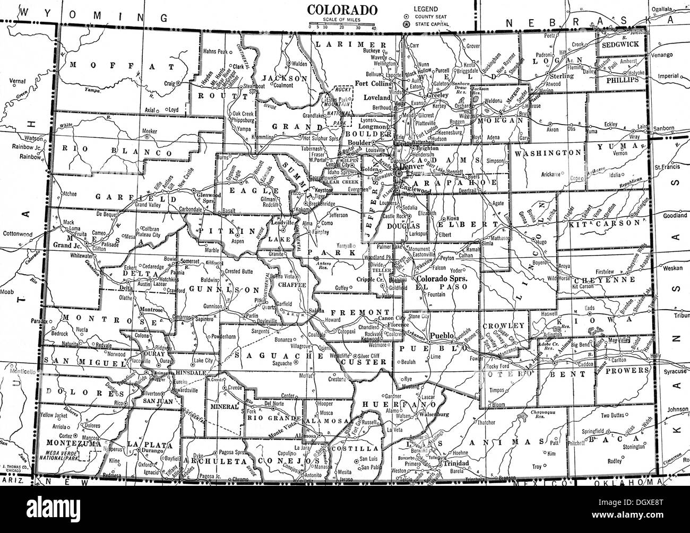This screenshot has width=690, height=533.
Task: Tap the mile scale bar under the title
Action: click(342, 23)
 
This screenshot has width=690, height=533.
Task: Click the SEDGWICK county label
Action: click(620, 45)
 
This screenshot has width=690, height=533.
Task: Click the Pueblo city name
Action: click(441, 336)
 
